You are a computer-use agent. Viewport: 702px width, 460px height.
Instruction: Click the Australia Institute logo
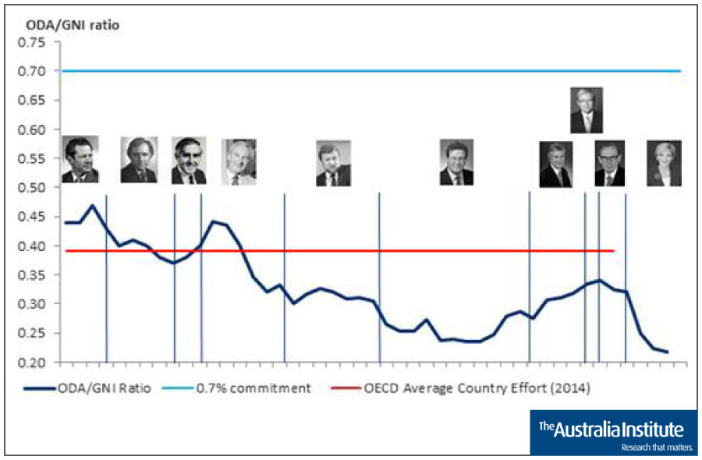click(x=613, y=432)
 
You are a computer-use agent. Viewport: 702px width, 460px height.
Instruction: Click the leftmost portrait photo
click(x=80, y=160)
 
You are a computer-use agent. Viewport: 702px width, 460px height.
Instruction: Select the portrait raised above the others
click(x=587, y=110)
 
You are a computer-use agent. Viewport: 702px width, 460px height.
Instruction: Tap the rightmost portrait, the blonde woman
click(x=664, y=163)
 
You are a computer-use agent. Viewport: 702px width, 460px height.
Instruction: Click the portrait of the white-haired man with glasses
click(x=239, y=162)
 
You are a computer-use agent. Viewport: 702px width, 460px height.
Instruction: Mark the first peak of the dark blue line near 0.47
click(x=93, y=205)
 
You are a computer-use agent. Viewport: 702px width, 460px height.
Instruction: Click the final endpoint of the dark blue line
click(x=668, y=352)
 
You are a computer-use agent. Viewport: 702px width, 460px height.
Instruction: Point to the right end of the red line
click(x=614, y=251)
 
